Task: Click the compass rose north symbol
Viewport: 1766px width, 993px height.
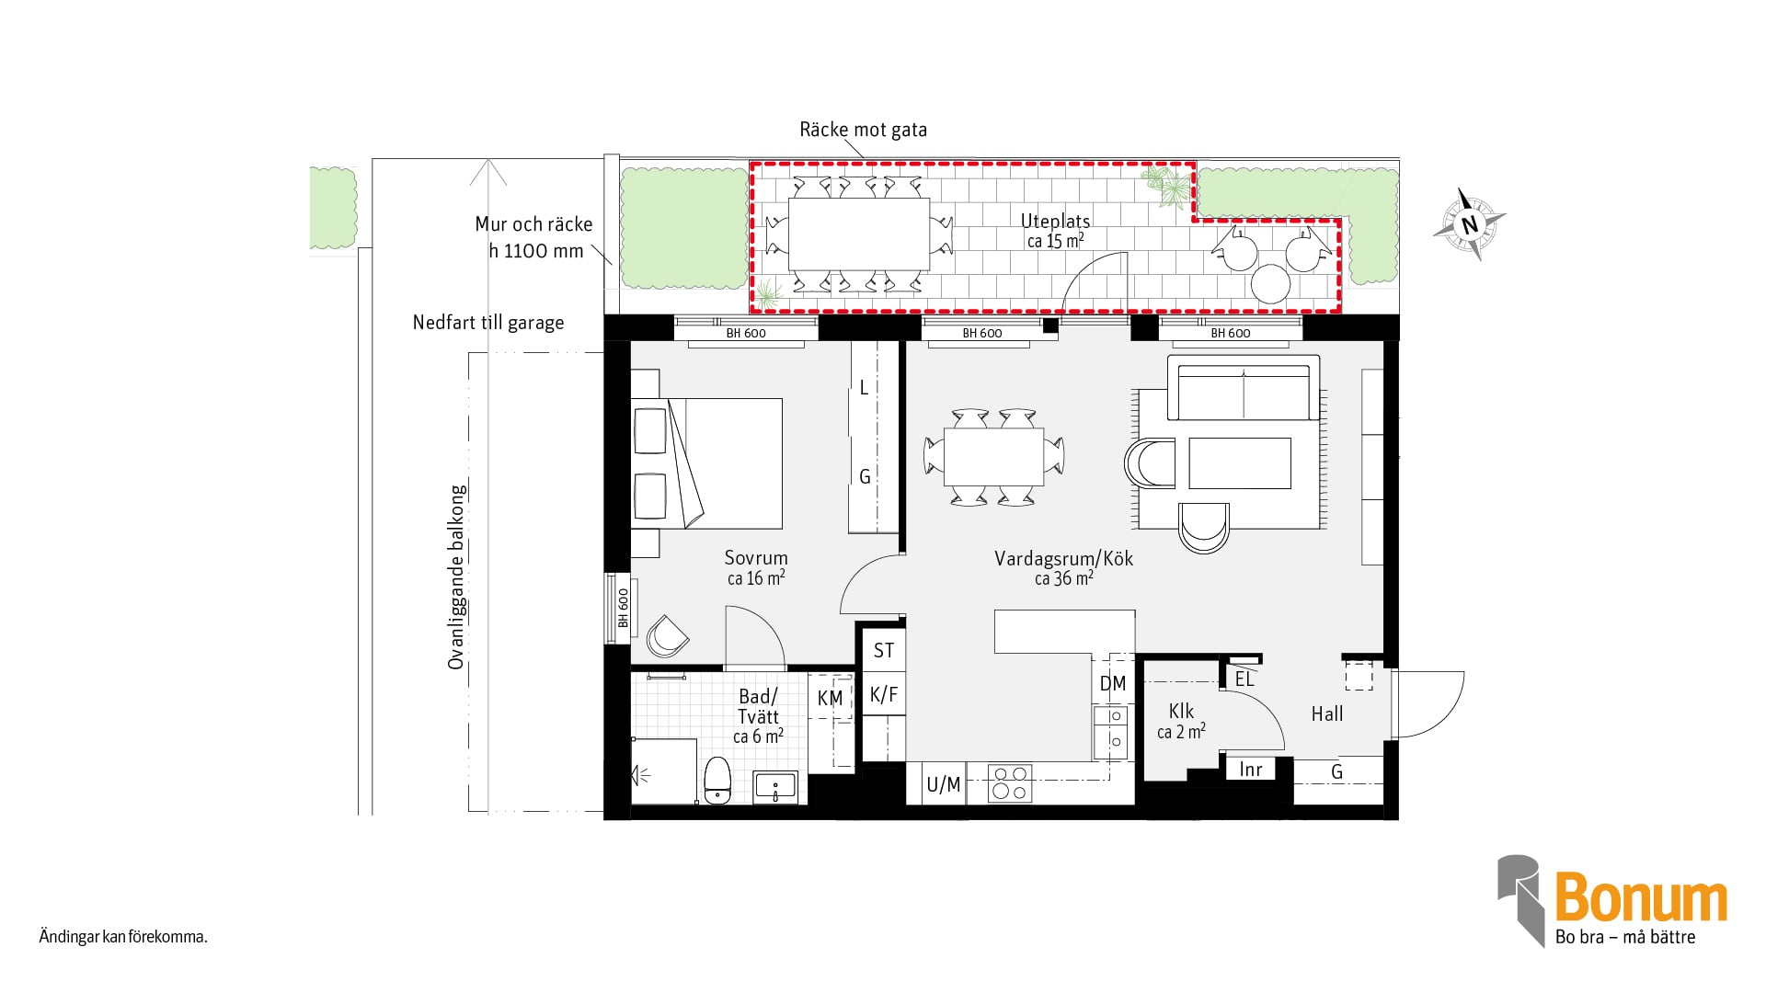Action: pyautogui.click(x=1469, y=224)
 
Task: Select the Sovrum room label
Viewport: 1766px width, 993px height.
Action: pyautogui.click(x=756, y=557)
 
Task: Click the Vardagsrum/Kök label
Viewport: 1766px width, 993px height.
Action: pyautogui.click(x=1064, y=558)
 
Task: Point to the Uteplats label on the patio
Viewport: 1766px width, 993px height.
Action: pyautogui.click(x=1055, y=221)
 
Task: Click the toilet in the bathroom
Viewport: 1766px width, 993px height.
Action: pyautogui.click(x=717, y=781)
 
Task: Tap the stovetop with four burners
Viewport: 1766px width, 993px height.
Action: pyautogui.click(x=1009, y=784)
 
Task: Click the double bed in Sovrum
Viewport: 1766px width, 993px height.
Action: pyautogui.click(x=706, y=463)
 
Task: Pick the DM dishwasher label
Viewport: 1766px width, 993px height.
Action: pyautogui.click(x=1113, y=683)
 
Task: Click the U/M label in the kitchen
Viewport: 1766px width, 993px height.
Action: pyautogui.click(x=944, y=784)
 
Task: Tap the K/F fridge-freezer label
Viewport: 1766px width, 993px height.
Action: pyautogui.click(x=884, y=694)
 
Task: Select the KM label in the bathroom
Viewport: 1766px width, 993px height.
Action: pyautogui.click(x=830, y=699)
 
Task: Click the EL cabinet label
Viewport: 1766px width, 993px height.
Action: pyautogui.click(x=1244, y=679)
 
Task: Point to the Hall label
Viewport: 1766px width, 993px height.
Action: pyautogui.click(x=1327, y=713)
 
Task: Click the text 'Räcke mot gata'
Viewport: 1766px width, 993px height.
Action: pyautogui.click(x=863, y=130)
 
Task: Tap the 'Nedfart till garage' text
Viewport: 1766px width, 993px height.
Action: pyautogui.click(x=488, y=323)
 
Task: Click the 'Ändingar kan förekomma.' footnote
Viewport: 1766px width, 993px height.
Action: pyautogui.click(x=123, y=937)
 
